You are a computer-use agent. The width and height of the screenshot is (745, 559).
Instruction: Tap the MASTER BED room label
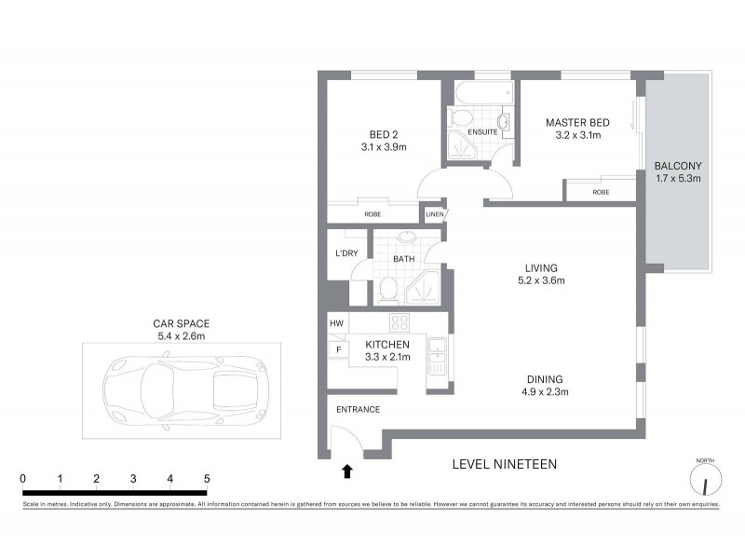577,122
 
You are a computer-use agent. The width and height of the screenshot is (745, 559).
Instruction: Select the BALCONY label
677,166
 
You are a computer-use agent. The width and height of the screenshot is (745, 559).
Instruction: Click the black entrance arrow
347,471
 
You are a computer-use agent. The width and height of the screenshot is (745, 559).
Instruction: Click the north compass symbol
705,481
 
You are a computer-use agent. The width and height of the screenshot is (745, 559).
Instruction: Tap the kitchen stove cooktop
400,323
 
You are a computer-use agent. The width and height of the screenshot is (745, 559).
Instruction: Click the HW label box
336,323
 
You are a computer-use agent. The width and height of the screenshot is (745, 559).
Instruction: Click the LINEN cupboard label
434,214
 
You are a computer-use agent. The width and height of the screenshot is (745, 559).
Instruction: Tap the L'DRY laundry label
346,253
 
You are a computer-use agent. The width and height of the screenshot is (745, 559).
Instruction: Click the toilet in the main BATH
387,291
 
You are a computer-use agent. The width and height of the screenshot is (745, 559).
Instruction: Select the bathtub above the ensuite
482,93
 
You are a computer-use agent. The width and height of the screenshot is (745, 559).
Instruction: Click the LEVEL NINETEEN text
503,463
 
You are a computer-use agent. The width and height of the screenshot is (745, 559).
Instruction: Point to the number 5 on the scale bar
207,478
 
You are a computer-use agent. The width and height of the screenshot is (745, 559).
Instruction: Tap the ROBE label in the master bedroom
602,192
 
